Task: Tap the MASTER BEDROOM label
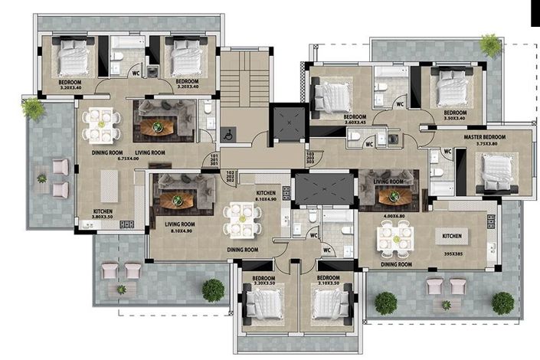486,137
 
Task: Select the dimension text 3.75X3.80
486,144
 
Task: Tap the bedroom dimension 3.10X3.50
328,284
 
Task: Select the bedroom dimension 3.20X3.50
263,284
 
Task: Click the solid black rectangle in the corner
535,13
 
